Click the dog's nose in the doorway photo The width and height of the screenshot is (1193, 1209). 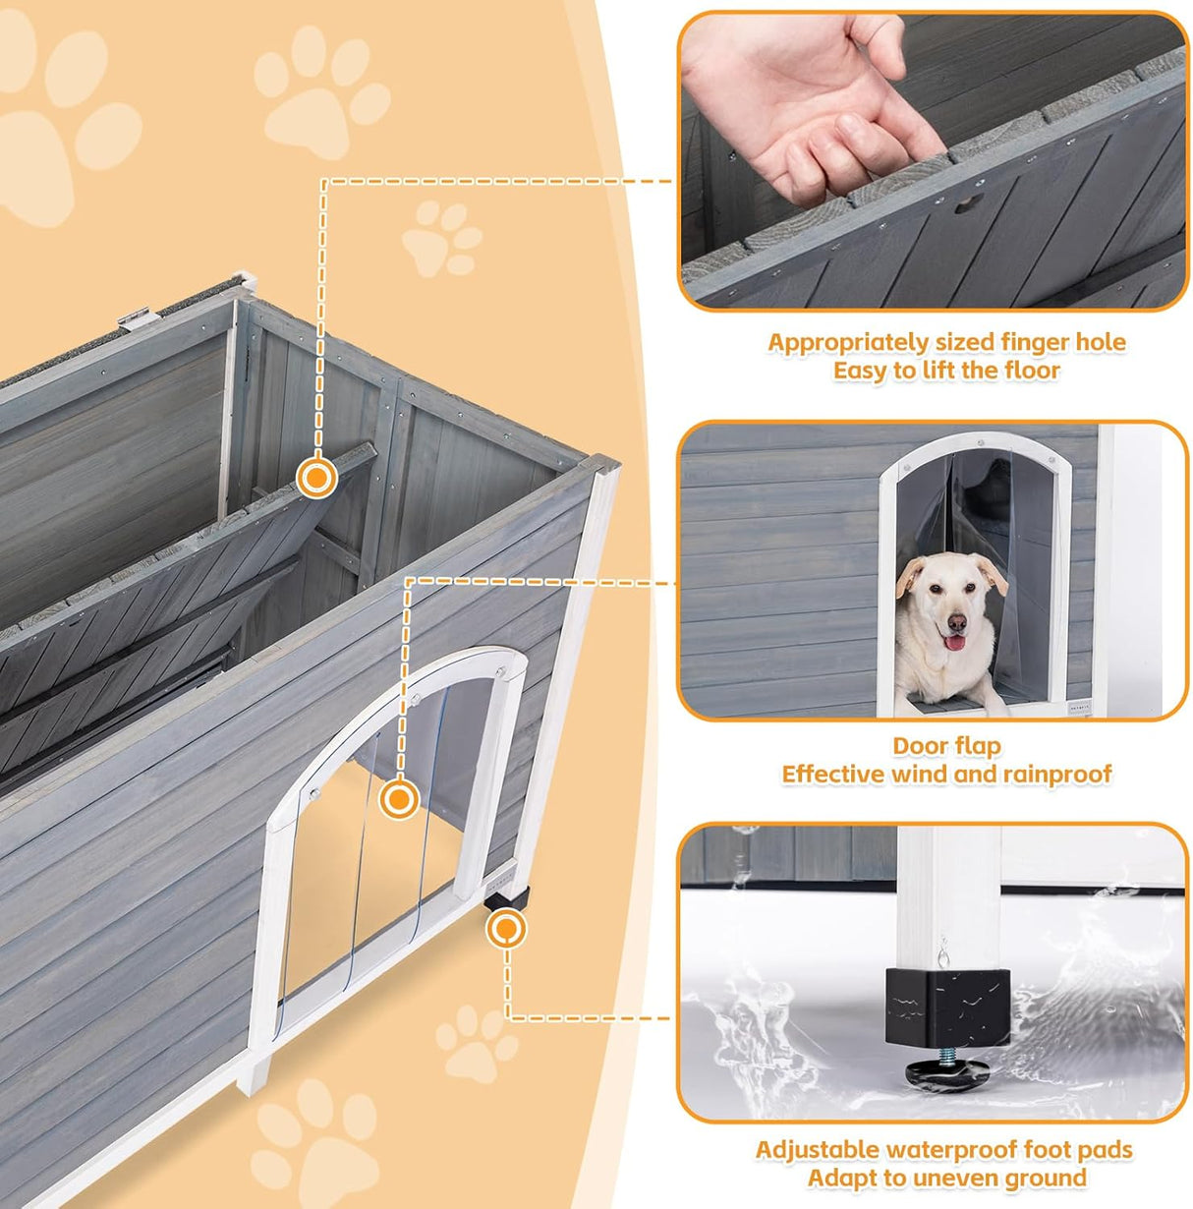click(954, 621)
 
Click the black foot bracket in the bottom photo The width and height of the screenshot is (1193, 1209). click(946, 1003)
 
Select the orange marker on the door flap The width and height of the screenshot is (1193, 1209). click(398, 798)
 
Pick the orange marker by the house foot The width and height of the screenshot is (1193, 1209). click(506, 928)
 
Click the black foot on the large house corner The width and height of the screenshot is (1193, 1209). click(508, 896)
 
